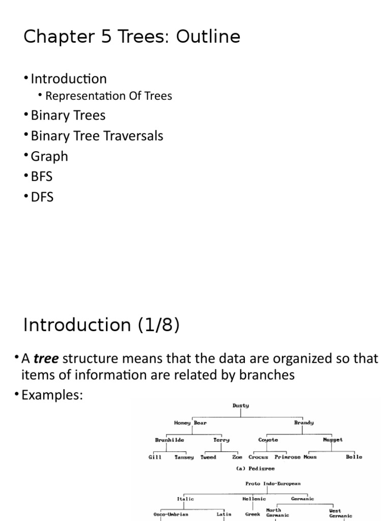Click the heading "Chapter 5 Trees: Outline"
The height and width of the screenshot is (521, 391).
click(x=132, y=37)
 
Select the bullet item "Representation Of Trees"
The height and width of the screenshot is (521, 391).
click(x=108, y=96)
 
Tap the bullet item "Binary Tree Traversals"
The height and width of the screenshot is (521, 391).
click(x=97, y=136)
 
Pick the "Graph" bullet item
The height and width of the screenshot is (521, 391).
click(x=49, y=156)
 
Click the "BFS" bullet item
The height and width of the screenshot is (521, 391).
click(x=42, y=177)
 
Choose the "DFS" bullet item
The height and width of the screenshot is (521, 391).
click(x=42, y=196)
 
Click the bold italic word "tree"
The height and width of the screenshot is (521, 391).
click(x=46, y=359)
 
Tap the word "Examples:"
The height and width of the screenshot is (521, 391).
click(x=51, y=395)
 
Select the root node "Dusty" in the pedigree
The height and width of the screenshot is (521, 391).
click(x=241, y=406)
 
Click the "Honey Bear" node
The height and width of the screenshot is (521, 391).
click(x=190, y=423)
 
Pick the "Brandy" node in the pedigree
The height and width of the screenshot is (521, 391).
click(x=304, y=423)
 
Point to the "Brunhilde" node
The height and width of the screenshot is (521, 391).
click(x=170, y=440)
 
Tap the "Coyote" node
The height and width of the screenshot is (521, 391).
click(x=268, y=440)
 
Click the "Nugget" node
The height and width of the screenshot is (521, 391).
click(x=333, y=440)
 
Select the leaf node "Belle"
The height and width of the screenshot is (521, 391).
click(x=354, y=457)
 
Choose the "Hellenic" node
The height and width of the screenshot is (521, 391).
click(x=254, y=499)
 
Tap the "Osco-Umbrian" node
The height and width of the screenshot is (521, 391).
click(x=171, y=514)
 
